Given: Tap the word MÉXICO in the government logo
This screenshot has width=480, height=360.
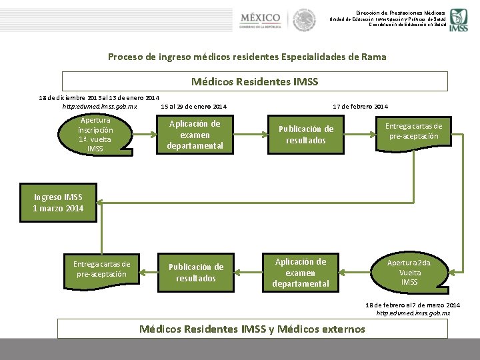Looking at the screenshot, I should pos(260,16).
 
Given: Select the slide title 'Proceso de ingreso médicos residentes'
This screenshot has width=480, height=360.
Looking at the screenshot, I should pos(247,57).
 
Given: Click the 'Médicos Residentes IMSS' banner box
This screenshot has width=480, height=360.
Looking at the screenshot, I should pos(255,81).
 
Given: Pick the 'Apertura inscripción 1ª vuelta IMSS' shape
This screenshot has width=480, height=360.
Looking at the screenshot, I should pos(95,135).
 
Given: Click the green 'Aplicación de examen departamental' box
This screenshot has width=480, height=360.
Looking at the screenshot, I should pos(195,135).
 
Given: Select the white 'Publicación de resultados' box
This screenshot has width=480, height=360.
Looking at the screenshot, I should pos(306,135).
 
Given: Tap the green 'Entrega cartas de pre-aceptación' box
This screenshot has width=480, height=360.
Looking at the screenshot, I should pos(414,131).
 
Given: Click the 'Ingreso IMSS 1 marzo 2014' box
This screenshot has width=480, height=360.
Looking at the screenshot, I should pos(58,203).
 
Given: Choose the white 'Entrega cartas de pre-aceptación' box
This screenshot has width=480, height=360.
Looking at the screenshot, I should pos(102,269).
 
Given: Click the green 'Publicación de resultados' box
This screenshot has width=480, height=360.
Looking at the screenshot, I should pos(195,273).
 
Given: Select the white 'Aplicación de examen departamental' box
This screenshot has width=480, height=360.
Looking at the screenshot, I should pos(301,273).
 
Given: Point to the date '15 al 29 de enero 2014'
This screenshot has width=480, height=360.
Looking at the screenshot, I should pos(193,107).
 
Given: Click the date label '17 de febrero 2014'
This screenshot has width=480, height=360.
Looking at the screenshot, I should pos(361,107).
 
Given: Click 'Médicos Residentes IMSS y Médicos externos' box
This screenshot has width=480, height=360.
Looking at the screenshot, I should pos(253,329).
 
